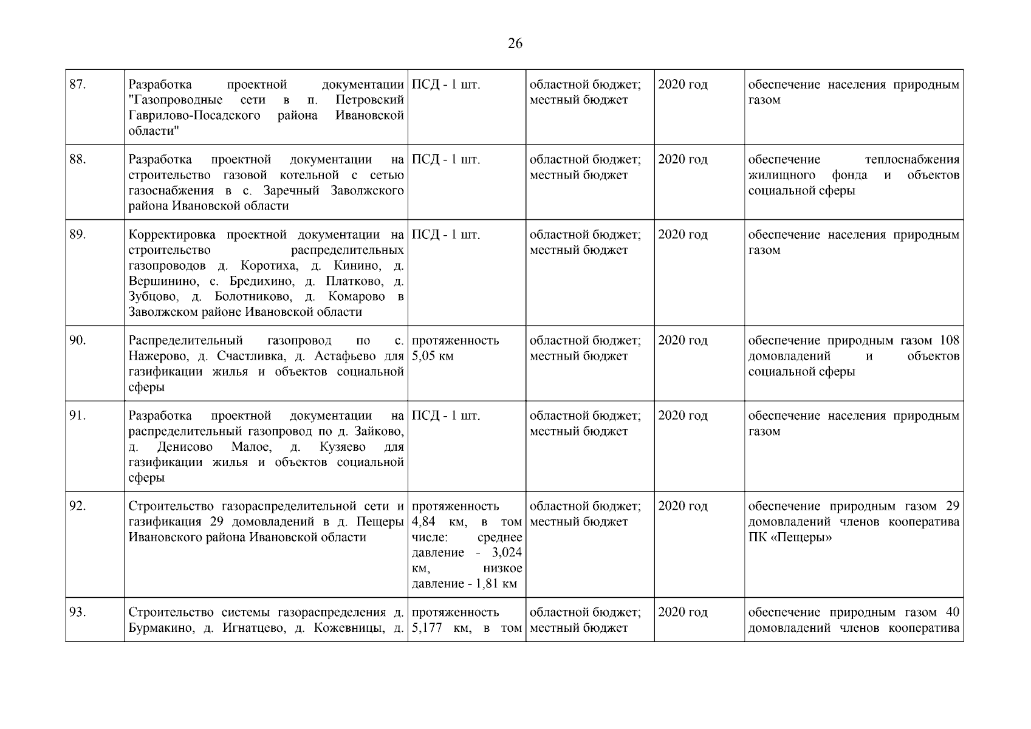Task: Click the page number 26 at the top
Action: tap(515, 44)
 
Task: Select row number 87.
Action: tap(78, 84)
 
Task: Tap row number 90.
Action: tap(78, 341)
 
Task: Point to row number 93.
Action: tap(78, 612)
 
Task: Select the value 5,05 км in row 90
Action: tap(433, 356)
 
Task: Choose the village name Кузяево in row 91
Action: tap(342, 447)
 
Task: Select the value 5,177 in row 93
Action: tap(428, 628)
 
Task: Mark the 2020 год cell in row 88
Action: tap(683, 160)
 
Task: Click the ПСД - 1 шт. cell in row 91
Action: tap(446, 416)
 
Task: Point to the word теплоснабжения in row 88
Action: tap(912, 160)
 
